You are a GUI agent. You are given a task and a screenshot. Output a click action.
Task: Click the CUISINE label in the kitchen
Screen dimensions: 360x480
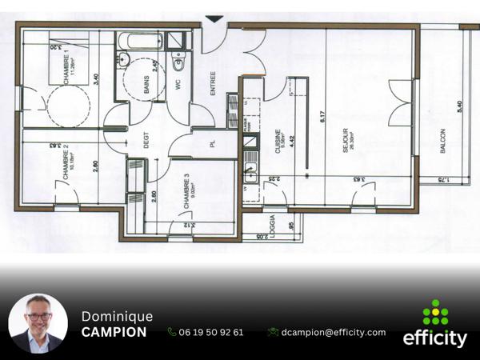tap(278, 141)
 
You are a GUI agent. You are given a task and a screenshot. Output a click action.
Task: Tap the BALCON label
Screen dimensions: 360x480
tap(442, 141)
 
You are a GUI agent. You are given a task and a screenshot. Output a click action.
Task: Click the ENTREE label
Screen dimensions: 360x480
tap(213, 84)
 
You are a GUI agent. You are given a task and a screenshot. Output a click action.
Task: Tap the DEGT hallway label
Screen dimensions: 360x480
tap(146, 141)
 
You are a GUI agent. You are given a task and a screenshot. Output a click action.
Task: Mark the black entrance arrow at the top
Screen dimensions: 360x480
tap(214, 18)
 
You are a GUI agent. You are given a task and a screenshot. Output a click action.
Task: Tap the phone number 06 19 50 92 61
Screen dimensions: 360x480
tap(211, 332)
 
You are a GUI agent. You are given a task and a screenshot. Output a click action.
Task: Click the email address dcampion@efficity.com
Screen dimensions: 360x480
tap(333, 332)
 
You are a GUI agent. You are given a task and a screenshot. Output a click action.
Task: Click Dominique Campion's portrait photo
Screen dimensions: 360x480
tap(38, 324)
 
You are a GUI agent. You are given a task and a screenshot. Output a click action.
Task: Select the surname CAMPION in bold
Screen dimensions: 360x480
tap(114, 332)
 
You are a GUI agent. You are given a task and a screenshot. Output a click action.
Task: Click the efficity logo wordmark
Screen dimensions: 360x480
tap(434, 338)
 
